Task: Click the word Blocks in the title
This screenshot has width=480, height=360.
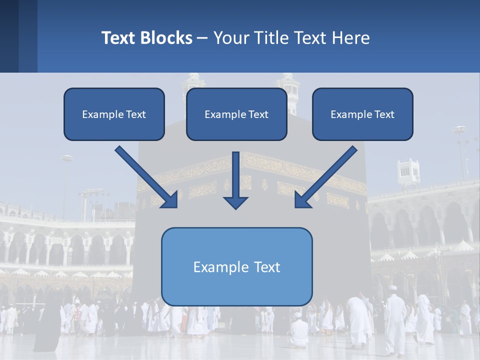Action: (167, 38)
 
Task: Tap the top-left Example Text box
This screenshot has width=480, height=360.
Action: (114, 114)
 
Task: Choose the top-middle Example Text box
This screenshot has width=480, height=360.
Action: (236, 114)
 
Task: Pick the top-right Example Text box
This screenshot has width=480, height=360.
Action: (362, 114)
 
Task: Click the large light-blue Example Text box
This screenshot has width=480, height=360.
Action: (236, 266)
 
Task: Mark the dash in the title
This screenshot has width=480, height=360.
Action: (202, 38)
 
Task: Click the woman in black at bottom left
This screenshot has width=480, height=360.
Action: (47, 325)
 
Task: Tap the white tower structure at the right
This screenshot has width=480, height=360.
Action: (408, 172)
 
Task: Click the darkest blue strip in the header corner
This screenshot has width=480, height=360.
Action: (9, 36)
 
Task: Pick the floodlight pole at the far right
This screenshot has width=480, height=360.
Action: (460, 150)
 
